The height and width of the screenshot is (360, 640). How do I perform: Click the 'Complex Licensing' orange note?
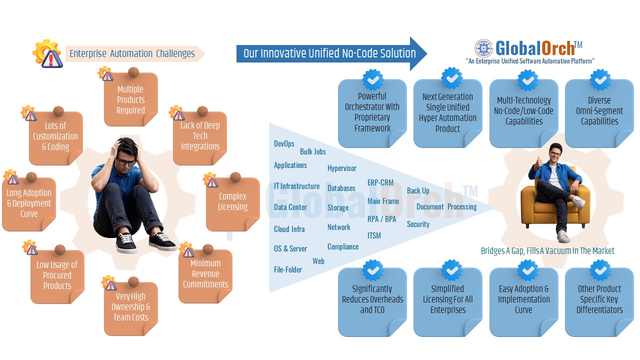tap(232, 202)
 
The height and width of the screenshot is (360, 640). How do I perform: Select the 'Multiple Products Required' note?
tap(130, 99)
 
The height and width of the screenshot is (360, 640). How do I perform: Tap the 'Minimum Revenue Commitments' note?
tap(205, 273)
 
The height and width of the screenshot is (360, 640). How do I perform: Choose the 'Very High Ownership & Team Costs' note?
tap(130, 307)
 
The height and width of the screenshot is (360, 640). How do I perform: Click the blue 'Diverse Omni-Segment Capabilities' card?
tap(599, 111)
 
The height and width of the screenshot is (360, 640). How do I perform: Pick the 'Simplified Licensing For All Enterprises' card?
tap(447, 299)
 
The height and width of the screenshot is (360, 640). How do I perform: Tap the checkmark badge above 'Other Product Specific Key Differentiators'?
tap(600, 270)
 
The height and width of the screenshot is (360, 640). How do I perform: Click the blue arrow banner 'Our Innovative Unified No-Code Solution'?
tap(330, 53)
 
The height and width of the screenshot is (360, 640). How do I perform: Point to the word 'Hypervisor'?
tap(342, 168)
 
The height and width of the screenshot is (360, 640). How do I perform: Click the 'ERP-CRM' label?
tap(380, 182)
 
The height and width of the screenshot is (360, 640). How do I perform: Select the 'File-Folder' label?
tap(288, 269)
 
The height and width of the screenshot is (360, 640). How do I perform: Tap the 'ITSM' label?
tap(374, 235)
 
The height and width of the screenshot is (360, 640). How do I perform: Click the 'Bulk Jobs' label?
tap(313, 151)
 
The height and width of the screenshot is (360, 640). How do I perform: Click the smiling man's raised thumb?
tap(539, 161)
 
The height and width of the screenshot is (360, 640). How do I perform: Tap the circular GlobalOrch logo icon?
tap(483, 48)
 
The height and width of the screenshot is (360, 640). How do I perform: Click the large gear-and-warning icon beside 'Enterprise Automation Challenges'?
tap(47, 53)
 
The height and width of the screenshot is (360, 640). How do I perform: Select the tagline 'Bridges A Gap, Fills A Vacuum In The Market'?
tap(547, 250)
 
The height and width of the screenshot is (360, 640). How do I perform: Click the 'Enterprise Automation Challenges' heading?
tap(132, 53)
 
